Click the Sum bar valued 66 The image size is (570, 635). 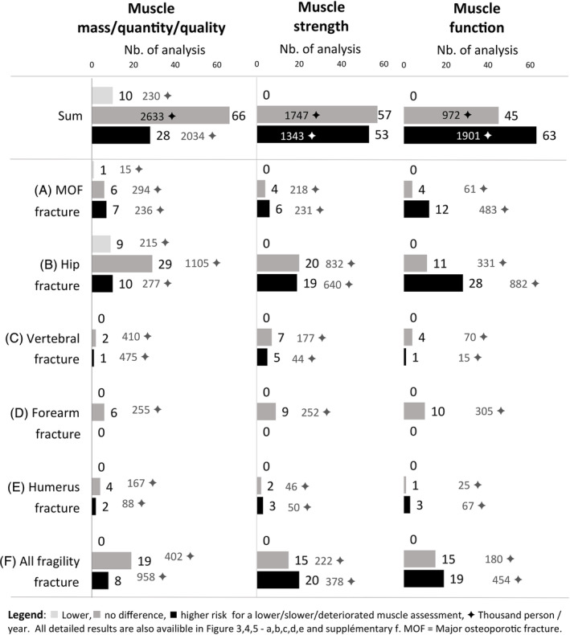[x=161, y=116]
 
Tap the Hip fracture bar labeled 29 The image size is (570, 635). [x=122, y=263]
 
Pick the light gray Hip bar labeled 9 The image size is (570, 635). [x=101, y=243]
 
